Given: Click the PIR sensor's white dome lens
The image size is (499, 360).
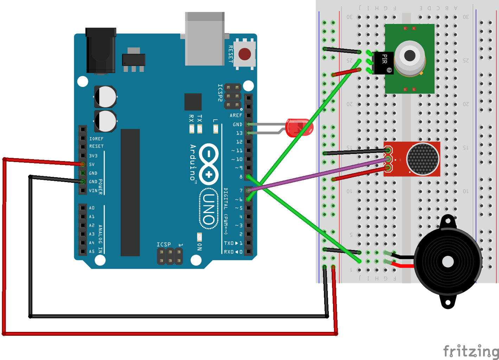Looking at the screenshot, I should click(410, 56).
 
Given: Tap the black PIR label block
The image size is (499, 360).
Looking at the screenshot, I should click(383, 63).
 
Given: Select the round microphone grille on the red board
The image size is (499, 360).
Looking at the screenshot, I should click(423, 159).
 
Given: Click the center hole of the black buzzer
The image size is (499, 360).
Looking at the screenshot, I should click(448, 262).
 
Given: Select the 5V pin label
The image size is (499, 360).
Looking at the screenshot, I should click(92, 165).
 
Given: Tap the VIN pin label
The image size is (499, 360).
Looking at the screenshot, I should click(93, 191).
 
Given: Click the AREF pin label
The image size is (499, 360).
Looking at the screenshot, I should click(236, 115).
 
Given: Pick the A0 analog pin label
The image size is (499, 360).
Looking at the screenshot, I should click(92, 208).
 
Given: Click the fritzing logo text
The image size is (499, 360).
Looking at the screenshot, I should click(471, 351).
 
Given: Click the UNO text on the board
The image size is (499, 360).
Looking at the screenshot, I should click(209, 209).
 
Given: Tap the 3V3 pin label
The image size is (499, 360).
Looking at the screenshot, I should click(93, 156).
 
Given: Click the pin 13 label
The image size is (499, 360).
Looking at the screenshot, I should click(239, 133).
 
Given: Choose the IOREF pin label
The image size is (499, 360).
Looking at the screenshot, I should click(96, 139).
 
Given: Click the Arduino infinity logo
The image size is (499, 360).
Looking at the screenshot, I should click(209, 164).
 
